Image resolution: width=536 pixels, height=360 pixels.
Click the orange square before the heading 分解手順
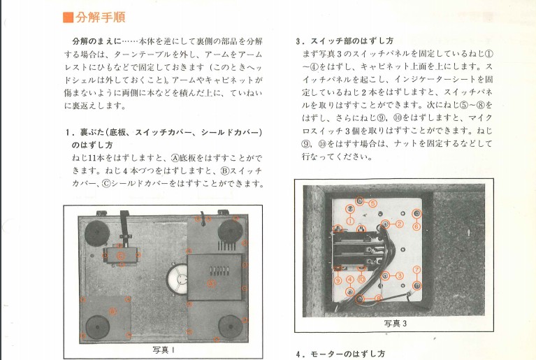(x=68, y=17)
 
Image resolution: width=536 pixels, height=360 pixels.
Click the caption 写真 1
(x=164, y=350)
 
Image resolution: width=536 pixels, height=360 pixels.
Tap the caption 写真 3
(x=396, y=324)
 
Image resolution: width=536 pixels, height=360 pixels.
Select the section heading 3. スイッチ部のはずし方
(x=345, y=41)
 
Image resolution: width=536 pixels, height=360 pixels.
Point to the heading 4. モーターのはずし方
(x=340, y=354)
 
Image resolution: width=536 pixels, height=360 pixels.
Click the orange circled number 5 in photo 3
(x=372, y=203)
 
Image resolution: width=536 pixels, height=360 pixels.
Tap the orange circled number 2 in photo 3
(x=399, y=224)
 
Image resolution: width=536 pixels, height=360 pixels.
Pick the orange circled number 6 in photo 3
(x=417, y=226)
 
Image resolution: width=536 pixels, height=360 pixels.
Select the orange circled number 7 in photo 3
(x=417, y=270)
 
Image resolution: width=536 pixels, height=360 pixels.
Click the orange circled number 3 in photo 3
(x=399, y=275)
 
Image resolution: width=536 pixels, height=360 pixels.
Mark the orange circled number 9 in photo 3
(x=338, y=281)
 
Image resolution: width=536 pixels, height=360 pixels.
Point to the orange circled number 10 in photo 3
(x=361, y=280)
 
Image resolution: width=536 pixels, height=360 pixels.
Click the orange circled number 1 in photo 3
(x=350, y=221)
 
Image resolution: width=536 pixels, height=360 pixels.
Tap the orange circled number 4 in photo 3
(x=349, y=280)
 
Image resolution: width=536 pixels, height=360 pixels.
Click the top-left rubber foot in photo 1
(x=97, y=233)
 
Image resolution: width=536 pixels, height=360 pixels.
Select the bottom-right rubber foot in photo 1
(x=231, y=326)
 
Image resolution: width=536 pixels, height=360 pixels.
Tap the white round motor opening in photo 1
(x=178, y=280)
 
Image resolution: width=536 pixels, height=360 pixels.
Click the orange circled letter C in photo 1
(x=121, y=255)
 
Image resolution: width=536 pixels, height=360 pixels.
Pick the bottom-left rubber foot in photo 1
(x=97, y=327)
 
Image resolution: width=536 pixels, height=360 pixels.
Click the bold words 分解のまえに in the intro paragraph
(x=96, y=41)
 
